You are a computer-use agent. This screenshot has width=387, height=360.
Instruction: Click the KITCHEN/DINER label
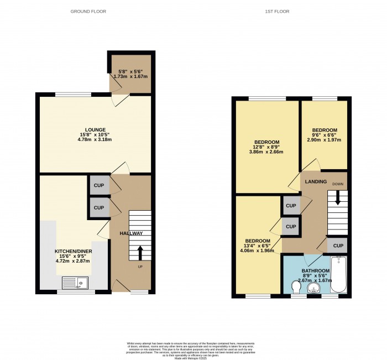pos(73,251)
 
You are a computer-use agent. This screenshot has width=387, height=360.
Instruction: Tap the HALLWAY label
pos(131,233)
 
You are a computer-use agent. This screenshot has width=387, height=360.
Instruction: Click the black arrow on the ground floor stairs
pos(139,253)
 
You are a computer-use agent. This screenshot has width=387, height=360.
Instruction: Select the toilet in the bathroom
pos(296,286)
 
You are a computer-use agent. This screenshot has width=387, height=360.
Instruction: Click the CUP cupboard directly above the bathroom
pos(338,246)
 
